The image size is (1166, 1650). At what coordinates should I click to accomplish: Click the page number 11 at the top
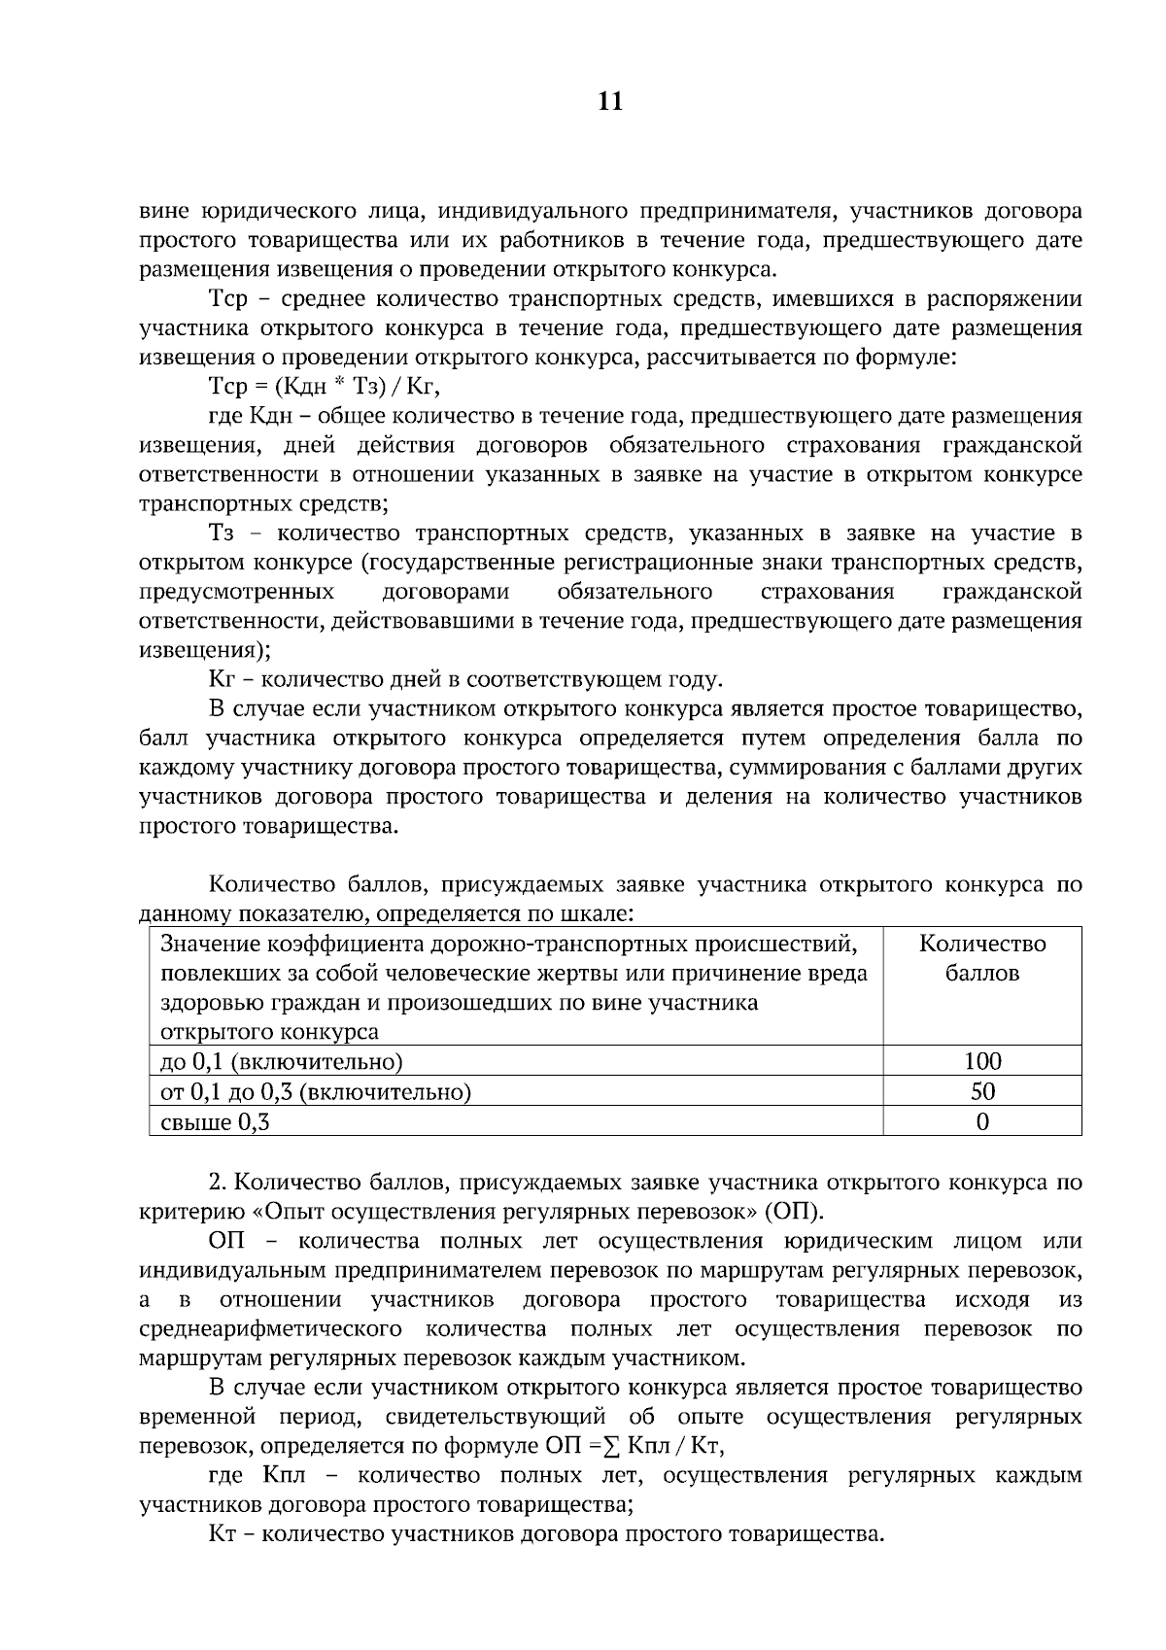[x=609, y=102]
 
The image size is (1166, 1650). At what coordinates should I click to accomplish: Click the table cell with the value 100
[x=981, y=1061]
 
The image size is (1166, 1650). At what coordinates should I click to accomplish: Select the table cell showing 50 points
[x=981, y=1091]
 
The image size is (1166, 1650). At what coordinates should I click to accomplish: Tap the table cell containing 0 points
[x=981, y=1122]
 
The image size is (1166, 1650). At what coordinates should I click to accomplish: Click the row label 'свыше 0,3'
[x=214, y=1123]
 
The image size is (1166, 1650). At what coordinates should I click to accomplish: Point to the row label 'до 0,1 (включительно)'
[x=281, y=1061]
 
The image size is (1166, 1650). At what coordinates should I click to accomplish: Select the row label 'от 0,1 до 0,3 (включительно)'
[x=315, y=1092]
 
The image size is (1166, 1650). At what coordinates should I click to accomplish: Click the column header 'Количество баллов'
[x=981, y=958]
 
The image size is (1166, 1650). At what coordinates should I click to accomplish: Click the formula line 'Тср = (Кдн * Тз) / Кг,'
[x=325, y=387]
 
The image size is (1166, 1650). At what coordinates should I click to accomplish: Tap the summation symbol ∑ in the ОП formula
[x=611, y=1446]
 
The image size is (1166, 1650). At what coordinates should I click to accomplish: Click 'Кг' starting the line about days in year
[x=223, y=679]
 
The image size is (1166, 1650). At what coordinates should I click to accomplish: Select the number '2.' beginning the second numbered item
[x=218, y=1183]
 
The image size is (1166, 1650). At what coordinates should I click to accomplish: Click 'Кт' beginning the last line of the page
[x=223, y=1534]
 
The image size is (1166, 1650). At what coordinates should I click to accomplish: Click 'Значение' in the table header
[x=205, y=944]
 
